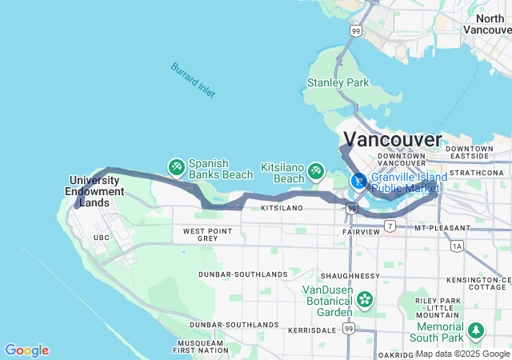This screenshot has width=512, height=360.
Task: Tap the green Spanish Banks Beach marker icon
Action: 175,166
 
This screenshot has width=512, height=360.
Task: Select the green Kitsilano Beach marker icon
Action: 316,170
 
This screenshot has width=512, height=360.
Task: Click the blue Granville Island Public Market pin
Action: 359,180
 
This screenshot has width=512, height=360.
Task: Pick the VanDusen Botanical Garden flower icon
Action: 365,300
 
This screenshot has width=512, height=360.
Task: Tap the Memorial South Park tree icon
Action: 477,330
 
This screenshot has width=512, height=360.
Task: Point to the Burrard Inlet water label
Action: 192,80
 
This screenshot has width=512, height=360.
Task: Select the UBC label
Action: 101,238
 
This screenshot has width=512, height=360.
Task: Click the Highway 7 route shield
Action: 390,226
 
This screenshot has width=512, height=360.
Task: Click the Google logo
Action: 26,350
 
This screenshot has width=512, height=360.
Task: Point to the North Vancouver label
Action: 490,24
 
